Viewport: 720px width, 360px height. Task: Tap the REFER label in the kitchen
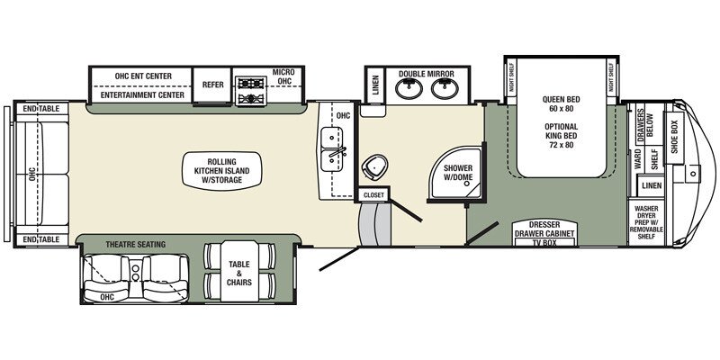click(212, 85)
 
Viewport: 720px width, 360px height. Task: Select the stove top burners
click(251, 91)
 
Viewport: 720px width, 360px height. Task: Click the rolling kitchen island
click(222, 171)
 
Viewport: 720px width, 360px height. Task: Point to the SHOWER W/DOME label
click(457, 173)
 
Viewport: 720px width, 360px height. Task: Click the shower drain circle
click(467, 183)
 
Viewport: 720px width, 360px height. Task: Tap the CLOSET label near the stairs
click(373, 195)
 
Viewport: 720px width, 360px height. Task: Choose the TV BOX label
click(544, 242)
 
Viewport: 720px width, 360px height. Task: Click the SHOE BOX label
click(674, 131)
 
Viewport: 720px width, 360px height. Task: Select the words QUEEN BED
click(561, 99)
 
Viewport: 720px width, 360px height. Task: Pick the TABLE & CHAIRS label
click(238, 274)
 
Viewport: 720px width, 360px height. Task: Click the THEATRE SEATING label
click(136, 245)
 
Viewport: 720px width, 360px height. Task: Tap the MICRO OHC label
click(283, 76)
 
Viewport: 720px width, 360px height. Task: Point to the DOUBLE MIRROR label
click(426, 74)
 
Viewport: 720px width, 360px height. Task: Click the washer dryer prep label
click(646, 219)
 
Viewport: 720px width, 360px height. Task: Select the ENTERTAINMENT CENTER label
click(142, 95)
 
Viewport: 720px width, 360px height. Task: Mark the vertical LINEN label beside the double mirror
click(375, 85)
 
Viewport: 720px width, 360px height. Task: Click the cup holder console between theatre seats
click(136, 273)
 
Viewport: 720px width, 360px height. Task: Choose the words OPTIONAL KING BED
click(561, 136)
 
